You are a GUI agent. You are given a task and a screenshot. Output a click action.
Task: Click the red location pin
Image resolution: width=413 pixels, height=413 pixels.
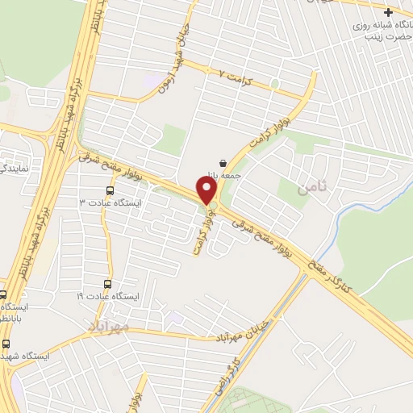(207, 190)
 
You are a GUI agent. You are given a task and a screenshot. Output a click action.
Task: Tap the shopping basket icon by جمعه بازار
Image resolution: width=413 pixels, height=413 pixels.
(222, 162)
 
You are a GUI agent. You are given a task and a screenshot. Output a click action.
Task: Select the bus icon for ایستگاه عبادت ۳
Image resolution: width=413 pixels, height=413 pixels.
(110, 191)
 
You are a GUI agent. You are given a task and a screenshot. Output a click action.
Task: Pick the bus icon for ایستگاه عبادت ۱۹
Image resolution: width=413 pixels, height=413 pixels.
(108, 284)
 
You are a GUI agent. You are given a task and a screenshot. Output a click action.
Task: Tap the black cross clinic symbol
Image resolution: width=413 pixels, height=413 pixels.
(390, 12)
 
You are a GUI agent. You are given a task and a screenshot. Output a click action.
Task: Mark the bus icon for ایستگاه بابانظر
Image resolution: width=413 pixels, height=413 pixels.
(2, 294)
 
